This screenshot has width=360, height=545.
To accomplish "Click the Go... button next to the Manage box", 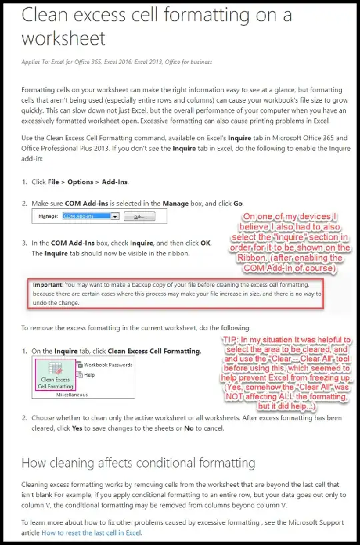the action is (139, 217).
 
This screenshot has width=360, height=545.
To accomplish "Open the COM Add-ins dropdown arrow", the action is (115, 217).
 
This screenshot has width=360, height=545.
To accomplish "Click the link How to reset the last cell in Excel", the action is (91, 533).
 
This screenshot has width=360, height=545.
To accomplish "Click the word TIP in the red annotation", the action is (232, 340).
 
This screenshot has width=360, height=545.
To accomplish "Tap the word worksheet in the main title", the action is (63, 37).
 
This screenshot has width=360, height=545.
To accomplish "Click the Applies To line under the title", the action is (117, 62).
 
